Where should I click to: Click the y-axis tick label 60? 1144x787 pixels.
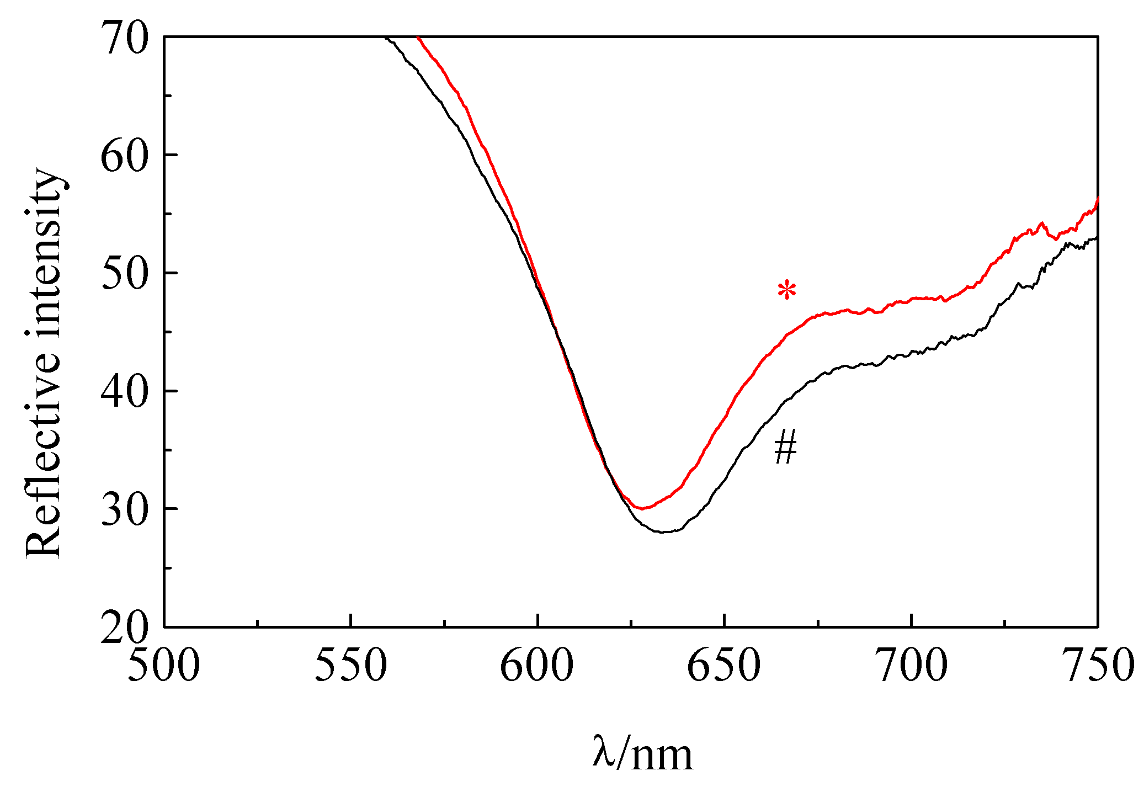[x=125, y=156]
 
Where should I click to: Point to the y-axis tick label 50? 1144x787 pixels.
[x=125, y=274]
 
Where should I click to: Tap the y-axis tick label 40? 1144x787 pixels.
[x=125, y=392]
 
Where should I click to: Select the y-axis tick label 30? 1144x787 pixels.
[x=125, y=509]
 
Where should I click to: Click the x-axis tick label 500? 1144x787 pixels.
[x=164, y=666]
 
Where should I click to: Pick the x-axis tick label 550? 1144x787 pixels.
[x=350, y=666]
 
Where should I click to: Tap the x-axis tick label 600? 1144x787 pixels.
[x=537, y=666]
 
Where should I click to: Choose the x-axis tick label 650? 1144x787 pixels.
[x=723, y=666]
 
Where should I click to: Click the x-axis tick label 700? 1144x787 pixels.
[x=911, y=666]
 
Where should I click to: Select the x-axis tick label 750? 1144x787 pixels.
[x=1097, y=666]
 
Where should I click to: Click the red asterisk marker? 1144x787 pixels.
[x=787, y=290]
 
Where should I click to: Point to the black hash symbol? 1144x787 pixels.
[x=785, y=448]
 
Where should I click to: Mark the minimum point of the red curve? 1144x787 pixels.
[x=641, y=508]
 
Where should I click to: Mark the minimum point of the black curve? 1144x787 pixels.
[x=665, y=532]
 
